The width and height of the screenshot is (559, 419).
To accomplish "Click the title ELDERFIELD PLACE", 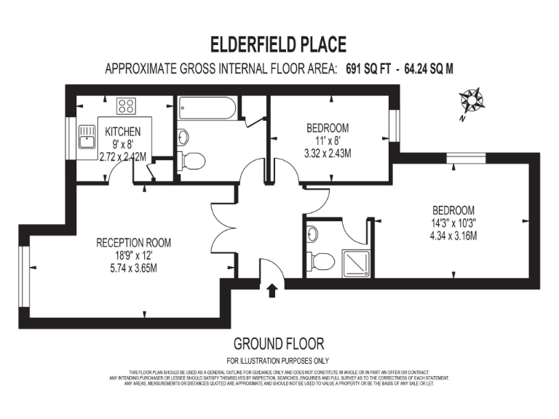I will (x=279, y=46).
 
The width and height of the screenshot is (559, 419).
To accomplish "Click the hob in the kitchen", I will (x=127, y=106).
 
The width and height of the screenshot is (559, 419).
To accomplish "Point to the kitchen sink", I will (x=88, y=136).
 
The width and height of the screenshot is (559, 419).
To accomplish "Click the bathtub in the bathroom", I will (x=207, y=111).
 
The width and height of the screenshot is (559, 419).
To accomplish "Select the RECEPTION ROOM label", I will (x=133, y=243).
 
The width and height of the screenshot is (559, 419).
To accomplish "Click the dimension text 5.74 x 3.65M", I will (x=133, y=268).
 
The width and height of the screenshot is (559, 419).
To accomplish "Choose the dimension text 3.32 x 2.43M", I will (x=328, y=153).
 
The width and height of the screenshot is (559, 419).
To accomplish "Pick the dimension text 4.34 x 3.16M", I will (x=453, y=236).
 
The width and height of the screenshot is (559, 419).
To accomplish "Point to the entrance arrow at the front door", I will (x=272, y=290).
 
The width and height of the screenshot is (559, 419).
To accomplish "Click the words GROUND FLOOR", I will (x=278, y=343).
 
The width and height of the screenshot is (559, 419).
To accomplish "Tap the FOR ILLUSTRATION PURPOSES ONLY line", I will (x=278, y=361).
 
